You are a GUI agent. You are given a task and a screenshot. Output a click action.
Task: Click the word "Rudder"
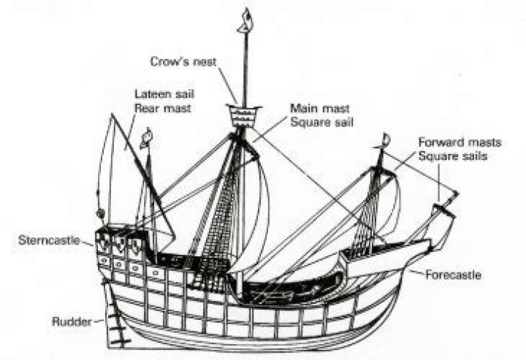[x=71, y=320]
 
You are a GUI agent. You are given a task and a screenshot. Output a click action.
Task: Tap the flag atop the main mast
[x=246, y=18]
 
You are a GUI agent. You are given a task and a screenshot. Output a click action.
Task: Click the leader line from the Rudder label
[x=96, y=320]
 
